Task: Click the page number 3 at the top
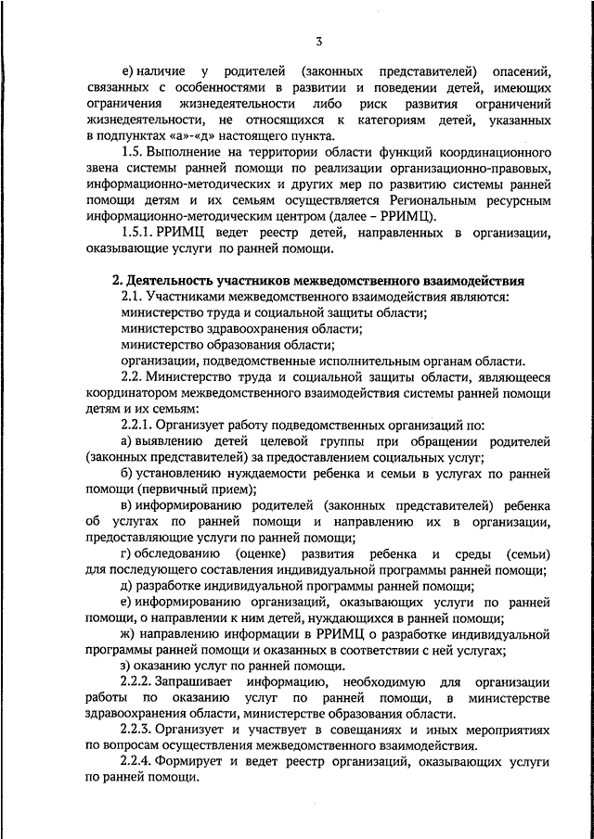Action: tap(317, 41)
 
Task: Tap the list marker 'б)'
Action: tap(128, 474)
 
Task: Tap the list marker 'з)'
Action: tap(127, 667)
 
